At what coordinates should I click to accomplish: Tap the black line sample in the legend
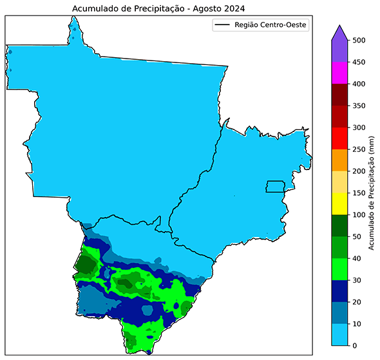(221, 26)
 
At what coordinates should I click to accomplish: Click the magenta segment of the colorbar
(340, 73)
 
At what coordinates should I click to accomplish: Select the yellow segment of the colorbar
(340, 204)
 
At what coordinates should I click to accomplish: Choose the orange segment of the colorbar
(340, 160)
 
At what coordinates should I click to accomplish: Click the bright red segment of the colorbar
(340, 138)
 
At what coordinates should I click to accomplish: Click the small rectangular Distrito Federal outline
(276, 186)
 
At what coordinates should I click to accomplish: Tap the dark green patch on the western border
(84, 264)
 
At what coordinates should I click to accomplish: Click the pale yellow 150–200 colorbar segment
(340, 182)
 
